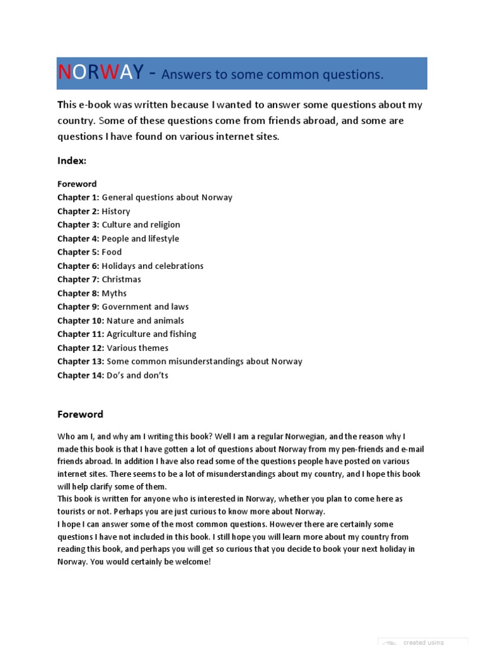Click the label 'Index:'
(x=71, y=161)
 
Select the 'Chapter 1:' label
(x=78, y=198)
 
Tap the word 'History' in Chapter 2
(x=116, y=212)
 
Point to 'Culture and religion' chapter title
(x=141, y=225)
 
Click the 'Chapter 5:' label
(x=78, y=253)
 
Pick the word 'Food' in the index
(x=112, y=253)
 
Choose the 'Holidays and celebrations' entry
(x=153, y=266)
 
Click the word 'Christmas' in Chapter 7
(x=121, y=280)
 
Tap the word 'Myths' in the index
(x=114, y=294)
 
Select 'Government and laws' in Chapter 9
(x=145, y=307)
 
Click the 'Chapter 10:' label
(x=81, y=321)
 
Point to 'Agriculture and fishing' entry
(x=151, y=334)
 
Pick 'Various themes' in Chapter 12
(x=137, y=348)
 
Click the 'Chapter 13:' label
(x=81, y=362)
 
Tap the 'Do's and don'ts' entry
(x=137, y=376)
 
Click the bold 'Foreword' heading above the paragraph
(x=80, y=414)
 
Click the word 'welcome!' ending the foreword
(x=192, y=562)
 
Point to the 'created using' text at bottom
(x=423, y=642)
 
